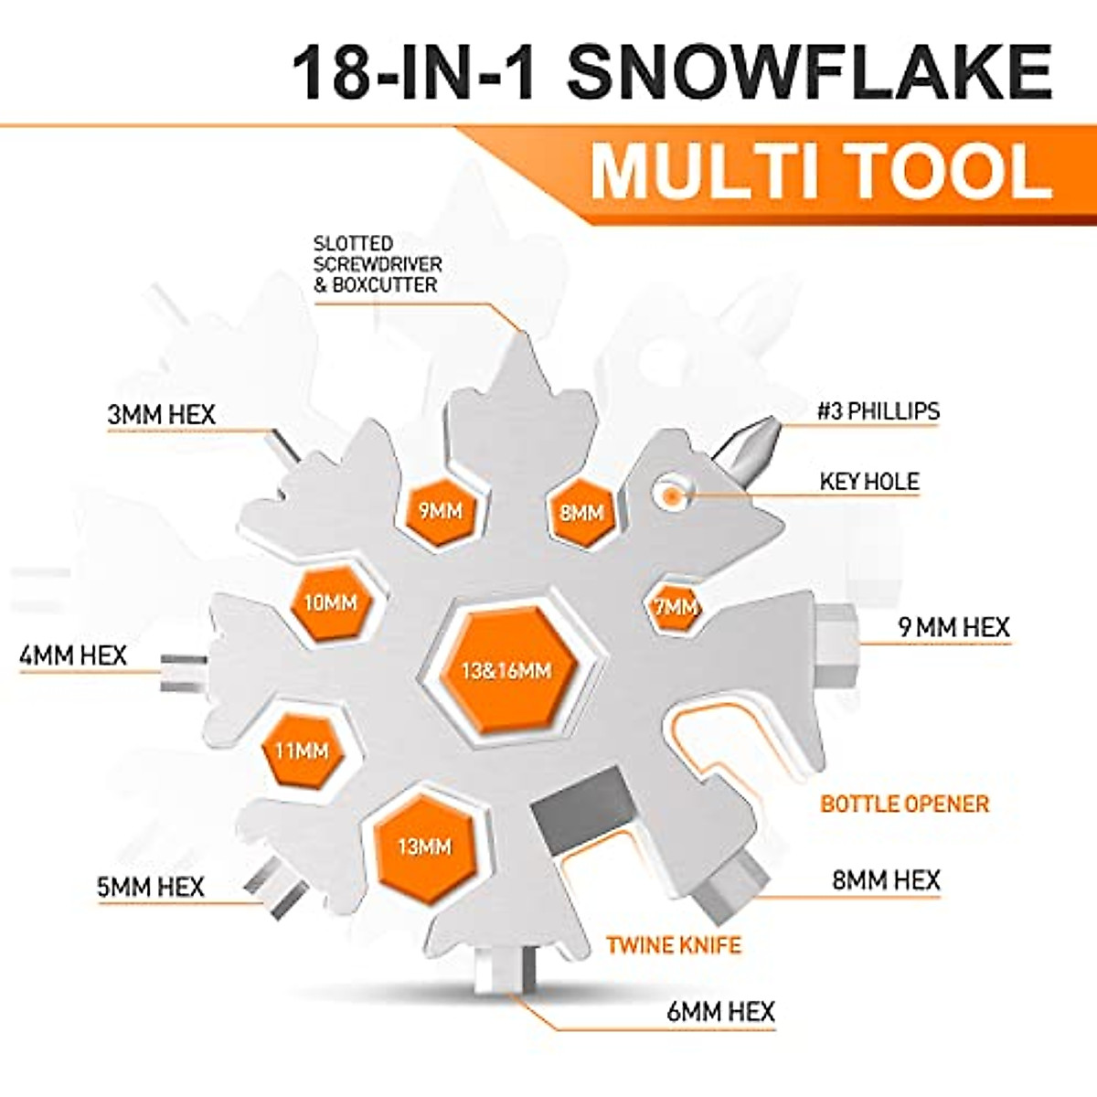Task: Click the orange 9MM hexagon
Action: [441, 511]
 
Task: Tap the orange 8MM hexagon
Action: [582, 512]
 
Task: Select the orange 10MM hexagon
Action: [330, 602]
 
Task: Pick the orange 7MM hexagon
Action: [676, 606]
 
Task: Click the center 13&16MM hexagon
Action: [506, 670]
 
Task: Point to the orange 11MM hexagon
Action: [302, 751]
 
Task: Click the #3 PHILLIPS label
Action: [878, 411]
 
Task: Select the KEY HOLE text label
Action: [868, 482]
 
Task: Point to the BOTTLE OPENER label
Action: [904, 804]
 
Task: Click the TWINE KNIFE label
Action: [674, 944]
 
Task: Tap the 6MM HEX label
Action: [720, 1012]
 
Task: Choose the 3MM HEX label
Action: [161, 415]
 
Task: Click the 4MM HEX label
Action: [73, 655]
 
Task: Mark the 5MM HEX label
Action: [150, 887]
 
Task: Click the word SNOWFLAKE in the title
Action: [810, 73]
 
